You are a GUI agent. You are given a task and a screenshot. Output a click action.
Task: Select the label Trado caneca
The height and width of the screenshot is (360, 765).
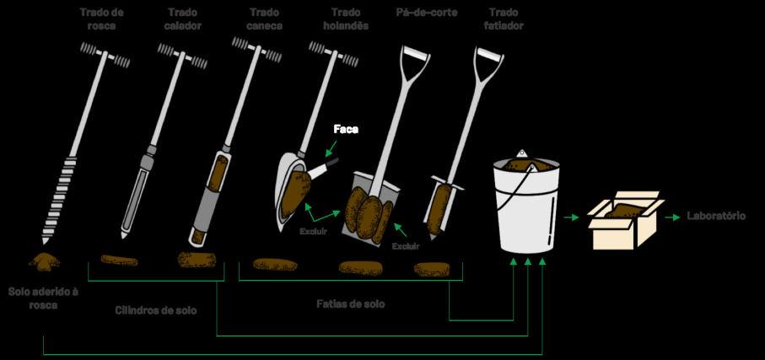[x=266, y=19]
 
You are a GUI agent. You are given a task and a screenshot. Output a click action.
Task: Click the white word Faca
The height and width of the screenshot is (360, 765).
[x=346, y=129]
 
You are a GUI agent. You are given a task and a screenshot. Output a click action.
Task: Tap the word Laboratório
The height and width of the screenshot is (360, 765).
[x=716, y=217]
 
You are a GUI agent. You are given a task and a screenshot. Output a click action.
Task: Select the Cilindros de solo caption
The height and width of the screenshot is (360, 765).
[x=155, y=310]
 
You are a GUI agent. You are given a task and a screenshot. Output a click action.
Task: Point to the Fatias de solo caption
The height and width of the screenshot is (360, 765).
[x=350, y=304]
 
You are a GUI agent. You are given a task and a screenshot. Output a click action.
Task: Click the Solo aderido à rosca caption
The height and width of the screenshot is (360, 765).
[x=43, y=298]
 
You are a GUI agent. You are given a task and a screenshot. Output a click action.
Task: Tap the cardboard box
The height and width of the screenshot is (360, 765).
[x=627, y=222]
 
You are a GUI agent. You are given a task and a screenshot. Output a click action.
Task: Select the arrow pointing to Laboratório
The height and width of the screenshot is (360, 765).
[x=673, y=218]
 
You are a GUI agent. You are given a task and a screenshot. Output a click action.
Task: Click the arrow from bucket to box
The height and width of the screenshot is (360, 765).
[x=574, y=218]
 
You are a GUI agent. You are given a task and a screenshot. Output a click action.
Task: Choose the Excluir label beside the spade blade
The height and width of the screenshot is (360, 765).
[x=407, y=247]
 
